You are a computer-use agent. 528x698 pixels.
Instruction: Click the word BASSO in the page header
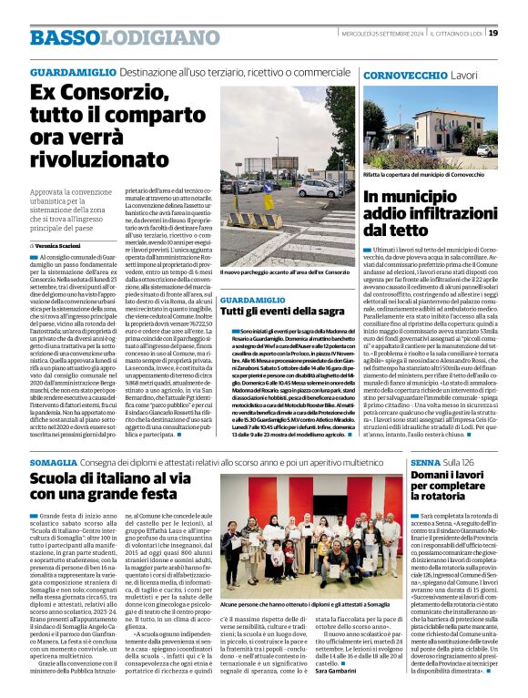[x=62, y=37]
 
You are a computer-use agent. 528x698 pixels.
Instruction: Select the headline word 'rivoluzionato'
[x=101, y=162]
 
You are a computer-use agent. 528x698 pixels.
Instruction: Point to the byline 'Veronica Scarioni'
[x=62, y=246]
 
